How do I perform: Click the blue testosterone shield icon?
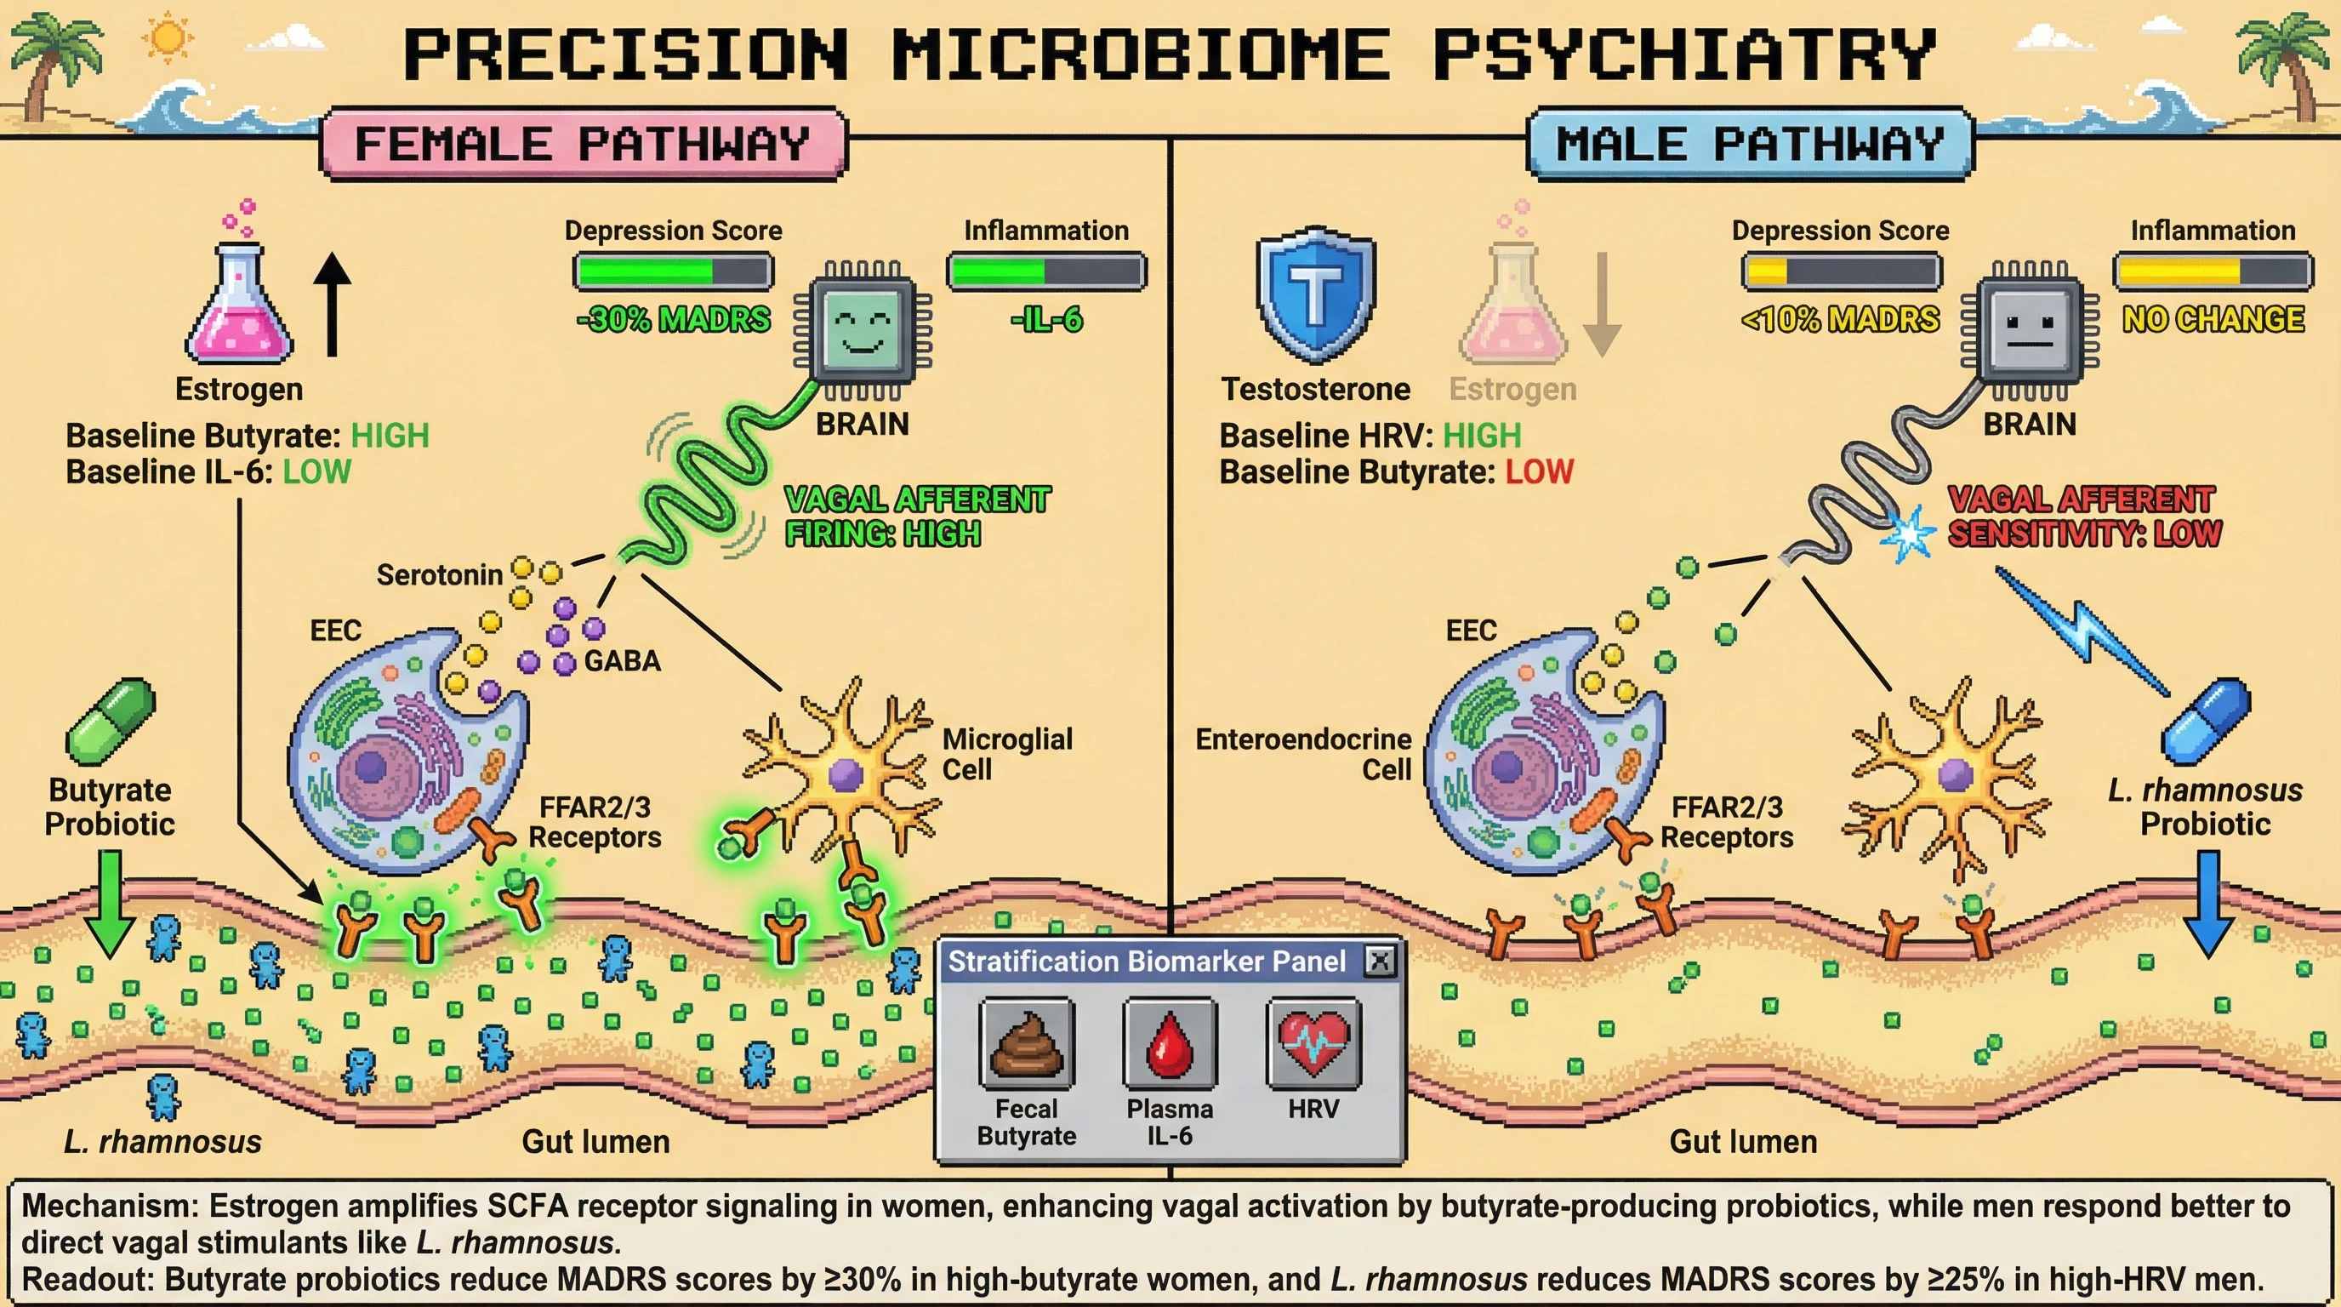[x=1316, y=295]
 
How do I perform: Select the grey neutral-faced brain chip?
[x=2030, y=328]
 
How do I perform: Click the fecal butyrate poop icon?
[x=1026, y=1042]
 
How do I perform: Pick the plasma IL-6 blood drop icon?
[x=1169, y=1042]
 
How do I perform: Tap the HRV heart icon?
[x=1313, y=1042]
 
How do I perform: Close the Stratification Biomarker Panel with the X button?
[x=1380, y=961]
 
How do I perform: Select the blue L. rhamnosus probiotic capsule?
[x=2206, y=721]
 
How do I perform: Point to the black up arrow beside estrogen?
[x=332, y=305]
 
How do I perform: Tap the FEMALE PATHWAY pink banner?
[x=583, y=144]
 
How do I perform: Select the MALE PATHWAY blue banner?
[x=1750, y=144]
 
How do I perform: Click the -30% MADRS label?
[x=674, y=320]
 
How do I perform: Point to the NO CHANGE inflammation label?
[x=2213, y=320]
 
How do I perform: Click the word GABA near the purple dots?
[x=622, y=661]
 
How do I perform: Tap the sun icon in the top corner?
[x=168, y=38]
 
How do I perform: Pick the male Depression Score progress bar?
[x=1841, y=271]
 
